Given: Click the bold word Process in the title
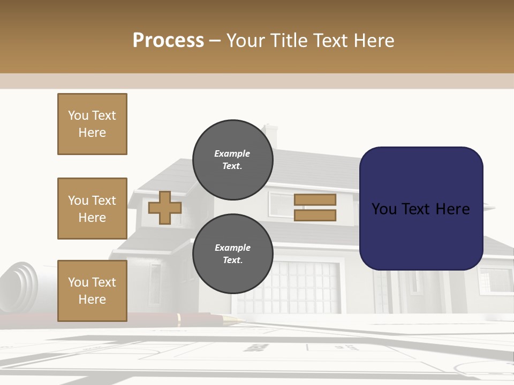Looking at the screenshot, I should click(168, 41).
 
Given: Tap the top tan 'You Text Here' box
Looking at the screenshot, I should click(92, 124).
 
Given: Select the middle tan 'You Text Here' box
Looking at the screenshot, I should click(92, 209).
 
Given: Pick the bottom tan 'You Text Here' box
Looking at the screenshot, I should click(92, 291).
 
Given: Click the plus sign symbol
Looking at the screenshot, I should click(164, 207).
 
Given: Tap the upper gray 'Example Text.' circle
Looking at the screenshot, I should click(232, 159).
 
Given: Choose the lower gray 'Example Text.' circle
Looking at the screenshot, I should click(232, 253).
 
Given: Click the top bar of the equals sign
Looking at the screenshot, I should click(315, 199).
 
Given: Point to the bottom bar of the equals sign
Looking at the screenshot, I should click(315, 215).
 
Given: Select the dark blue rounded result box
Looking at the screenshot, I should click(421, 209).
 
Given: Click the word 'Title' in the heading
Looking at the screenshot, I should click(290, 41).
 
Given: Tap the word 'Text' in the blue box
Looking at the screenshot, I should click(420, 209).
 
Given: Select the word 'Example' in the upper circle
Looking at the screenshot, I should click(232, 153).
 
